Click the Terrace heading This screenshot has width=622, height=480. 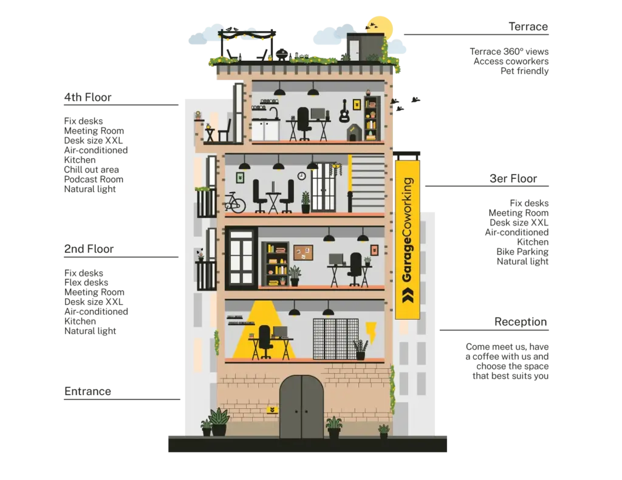pos(528,27)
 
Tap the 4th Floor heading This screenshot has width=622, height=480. pos(87,97)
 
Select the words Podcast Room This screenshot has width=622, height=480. pos(94,179)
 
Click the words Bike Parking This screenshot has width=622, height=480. pos(522,252)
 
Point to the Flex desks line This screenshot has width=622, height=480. pos(86,283)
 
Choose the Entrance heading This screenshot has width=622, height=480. pos(87,391)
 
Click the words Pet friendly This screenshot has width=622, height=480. pos(524,71)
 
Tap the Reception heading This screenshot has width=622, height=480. pos(521,321)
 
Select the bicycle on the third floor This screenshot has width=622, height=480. pos(235,203)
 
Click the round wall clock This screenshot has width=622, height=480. pos(301,176)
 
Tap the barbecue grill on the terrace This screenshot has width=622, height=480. pos(282,55)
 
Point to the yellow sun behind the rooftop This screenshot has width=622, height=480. pos(380,29)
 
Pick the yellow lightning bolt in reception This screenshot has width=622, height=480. pos(371,332)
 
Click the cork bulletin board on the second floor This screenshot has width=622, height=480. pos(303,253)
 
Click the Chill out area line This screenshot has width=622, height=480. pos(91,170)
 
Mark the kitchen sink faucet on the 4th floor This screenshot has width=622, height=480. pos(274,113)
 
